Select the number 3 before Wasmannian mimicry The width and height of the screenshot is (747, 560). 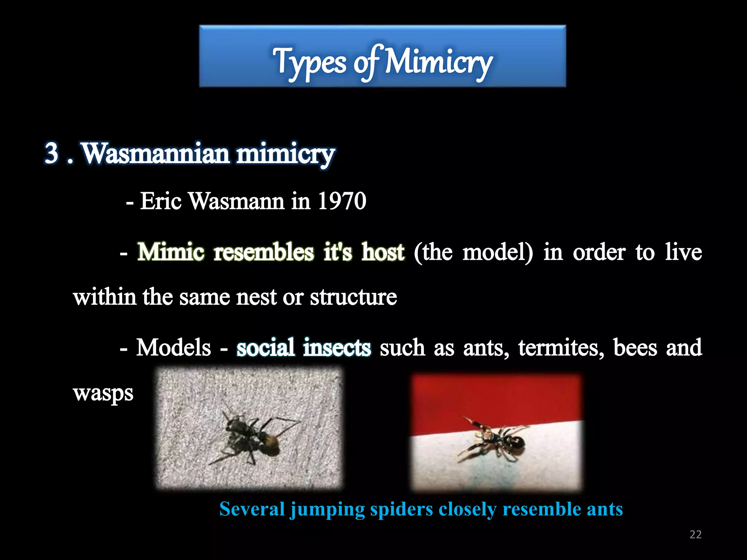pos(52,153)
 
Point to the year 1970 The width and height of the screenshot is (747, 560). pos(342,201)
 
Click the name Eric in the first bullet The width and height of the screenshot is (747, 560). pos(161,201)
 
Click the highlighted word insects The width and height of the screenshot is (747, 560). pos(337,347)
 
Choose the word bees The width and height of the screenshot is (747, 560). pos(635,347)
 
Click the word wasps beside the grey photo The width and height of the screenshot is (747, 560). pos(103,393)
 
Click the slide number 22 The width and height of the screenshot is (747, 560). pos(696,534)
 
